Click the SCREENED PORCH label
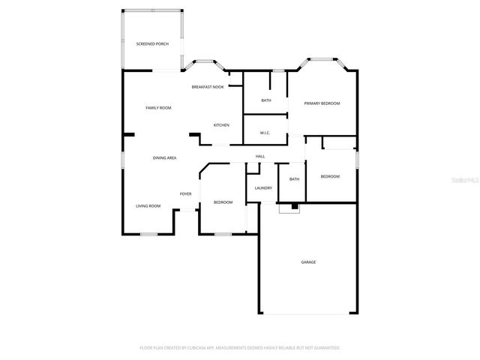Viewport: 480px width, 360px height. tap(152, 44)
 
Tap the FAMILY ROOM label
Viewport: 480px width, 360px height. tap(158, 108)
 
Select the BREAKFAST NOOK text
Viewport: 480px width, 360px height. tap(208, 87)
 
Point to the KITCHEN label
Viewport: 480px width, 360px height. tap(221, 124)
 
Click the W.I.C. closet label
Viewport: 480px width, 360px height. tap(265, 133)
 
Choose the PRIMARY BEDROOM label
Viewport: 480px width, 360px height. tap(322, 103)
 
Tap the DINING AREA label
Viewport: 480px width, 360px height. tap(164, 157)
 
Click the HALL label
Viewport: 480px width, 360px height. tap(260, 156)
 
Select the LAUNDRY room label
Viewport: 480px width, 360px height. tap(262, 187)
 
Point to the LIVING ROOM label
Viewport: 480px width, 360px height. tap(148, 205)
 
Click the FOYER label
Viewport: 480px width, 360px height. tap(185, 193)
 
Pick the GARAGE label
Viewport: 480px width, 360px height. tap(308, 262)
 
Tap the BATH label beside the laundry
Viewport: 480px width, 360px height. tap(294, 178)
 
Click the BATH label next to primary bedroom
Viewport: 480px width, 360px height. tap(266, 100)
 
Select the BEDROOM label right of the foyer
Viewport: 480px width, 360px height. tap(223, 202)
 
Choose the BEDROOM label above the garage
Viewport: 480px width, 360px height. tap(330, 176)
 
